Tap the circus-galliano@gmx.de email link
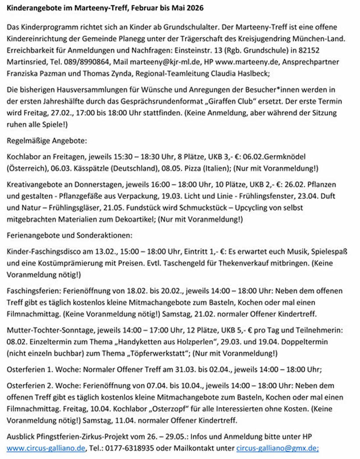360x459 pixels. point(277,448)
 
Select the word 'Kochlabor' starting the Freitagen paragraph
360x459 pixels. point(24,157)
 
